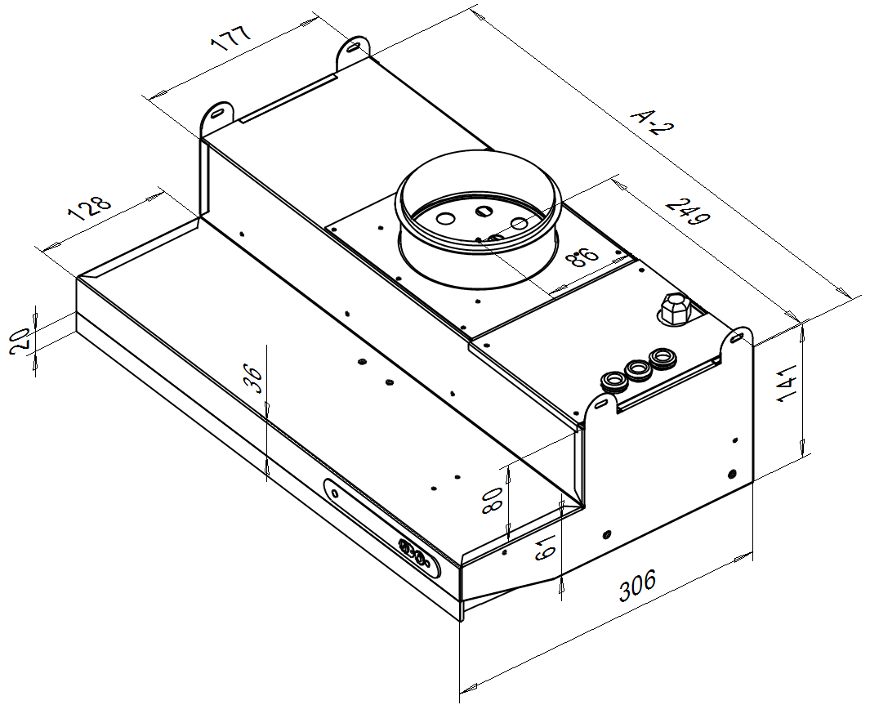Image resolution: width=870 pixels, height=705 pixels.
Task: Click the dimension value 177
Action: (231, 38)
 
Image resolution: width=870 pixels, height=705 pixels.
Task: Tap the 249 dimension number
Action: (687, 212)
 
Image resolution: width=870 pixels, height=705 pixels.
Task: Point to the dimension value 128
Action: (89, 208)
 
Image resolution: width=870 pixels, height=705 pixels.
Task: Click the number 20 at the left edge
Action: (20, 341)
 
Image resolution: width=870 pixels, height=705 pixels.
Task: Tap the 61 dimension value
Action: (546, 547)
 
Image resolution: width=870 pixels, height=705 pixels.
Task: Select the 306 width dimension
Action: (637, 585)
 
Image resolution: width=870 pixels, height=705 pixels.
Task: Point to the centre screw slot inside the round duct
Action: (484, 212)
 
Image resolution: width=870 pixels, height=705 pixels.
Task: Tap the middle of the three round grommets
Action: (637, 369)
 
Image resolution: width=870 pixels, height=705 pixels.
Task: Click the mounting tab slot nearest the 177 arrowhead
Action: (354, 47)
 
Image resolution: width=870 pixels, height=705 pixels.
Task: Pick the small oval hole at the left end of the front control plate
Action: (335, 493)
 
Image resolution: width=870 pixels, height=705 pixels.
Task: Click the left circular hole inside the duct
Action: (444, 219)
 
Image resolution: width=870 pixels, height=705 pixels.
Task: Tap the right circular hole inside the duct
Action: (520, 224)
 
